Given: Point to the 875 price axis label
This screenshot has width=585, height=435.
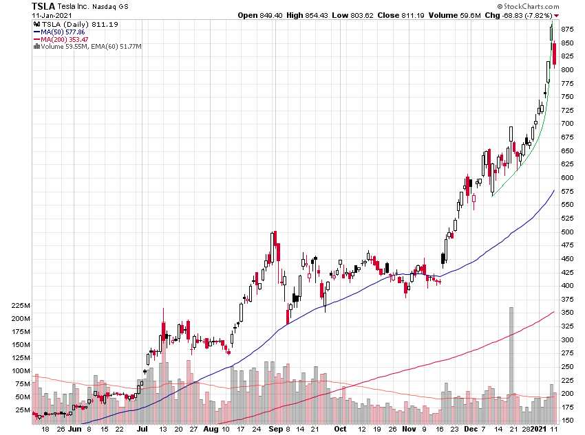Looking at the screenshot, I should coord(567,30).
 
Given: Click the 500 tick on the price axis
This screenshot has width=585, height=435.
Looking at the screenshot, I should coord(567,232).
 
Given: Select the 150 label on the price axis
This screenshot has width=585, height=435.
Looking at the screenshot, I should coord(567,420).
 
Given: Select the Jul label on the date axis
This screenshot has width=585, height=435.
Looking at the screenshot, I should coord(142,428).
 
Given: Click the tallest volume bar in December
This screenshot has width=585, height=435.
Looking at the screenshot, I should coord(511,364).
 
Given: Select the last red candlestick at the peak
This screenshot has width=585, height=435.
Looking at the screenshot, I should coord(555,54).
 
